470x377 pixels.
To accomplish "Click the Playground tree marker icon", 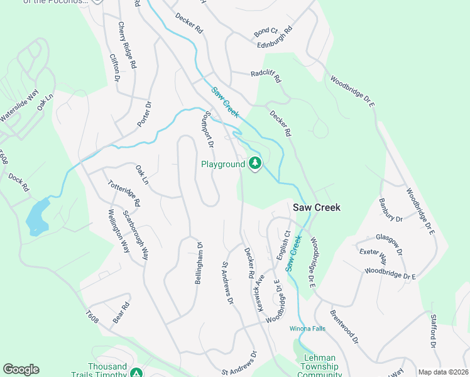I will [254, 164].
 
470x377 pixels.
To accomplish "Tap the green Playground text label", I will [222, 165].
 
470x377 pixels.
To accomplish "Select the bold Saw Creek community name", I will [317, 207].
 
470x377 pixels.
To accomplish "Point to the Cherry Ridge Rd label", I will [126, 45].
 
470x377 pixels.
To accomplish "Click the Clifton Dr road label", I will [114, 68].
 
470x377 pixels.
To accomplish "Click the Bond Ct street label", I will [266, 30].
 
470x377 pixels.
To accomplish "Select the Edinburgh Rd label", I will [275, 38].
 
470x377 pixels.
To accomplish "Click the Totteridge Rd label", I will [124, 193].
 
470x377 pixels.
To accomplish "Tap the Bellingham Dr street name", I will [199, 263].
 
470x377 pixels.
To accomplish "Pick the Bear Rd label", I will [121, 313].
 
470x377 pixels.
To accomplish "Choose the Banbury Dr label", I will [390, 210].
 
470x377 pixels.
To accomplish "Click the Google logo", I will [21, 369].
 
